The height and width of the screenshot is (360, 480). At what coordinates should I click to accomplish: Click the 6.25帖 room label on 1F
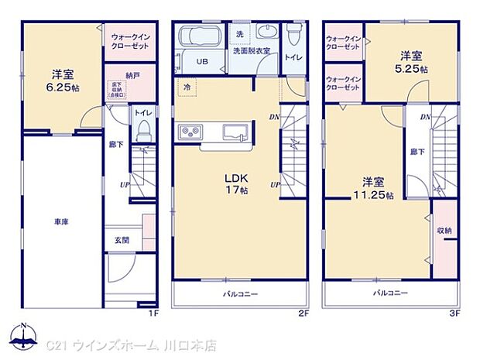63,80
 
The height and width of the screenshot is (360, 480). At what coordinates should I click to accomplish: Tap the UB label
201,62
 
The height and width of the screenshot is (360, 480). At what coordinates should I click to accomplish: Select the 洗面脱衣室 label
252,51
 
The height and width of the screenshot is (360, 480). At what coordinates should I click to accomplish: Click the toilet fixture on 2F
294,35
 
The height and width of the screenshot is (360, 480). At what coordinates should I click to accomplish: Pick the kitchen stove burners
190,132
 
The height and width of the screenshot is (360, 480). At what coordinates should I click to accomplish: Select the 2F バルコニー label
236,293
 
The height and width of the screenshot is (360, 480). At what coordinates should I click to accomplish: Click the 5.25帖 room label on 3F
411,62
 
